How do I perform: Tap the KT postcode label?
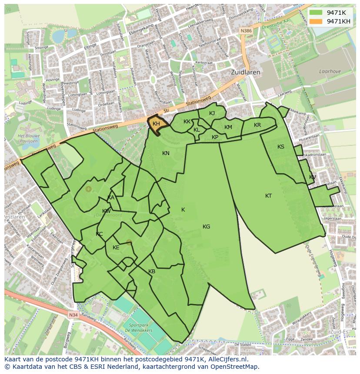(269, 196)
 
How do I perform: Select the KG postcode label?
(206, 227)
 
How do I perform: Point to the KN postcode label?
(166, 153)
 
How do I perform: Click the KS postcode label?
(281, 147)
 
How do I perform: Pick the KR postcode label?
(257, 125)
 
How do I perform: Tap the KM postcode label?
(228, 127)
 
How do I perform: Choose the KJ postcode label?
(212, 113)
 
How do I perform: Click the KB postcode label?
(152, 271)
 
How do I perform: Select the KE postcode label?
(116, 248)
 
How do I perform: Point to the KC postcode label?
(99, 234)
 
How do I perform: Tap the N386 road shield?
(246, 31)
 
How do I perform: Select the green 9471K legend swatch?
(316, 13)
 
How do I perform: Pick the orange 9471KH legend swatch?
(316, 21)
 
